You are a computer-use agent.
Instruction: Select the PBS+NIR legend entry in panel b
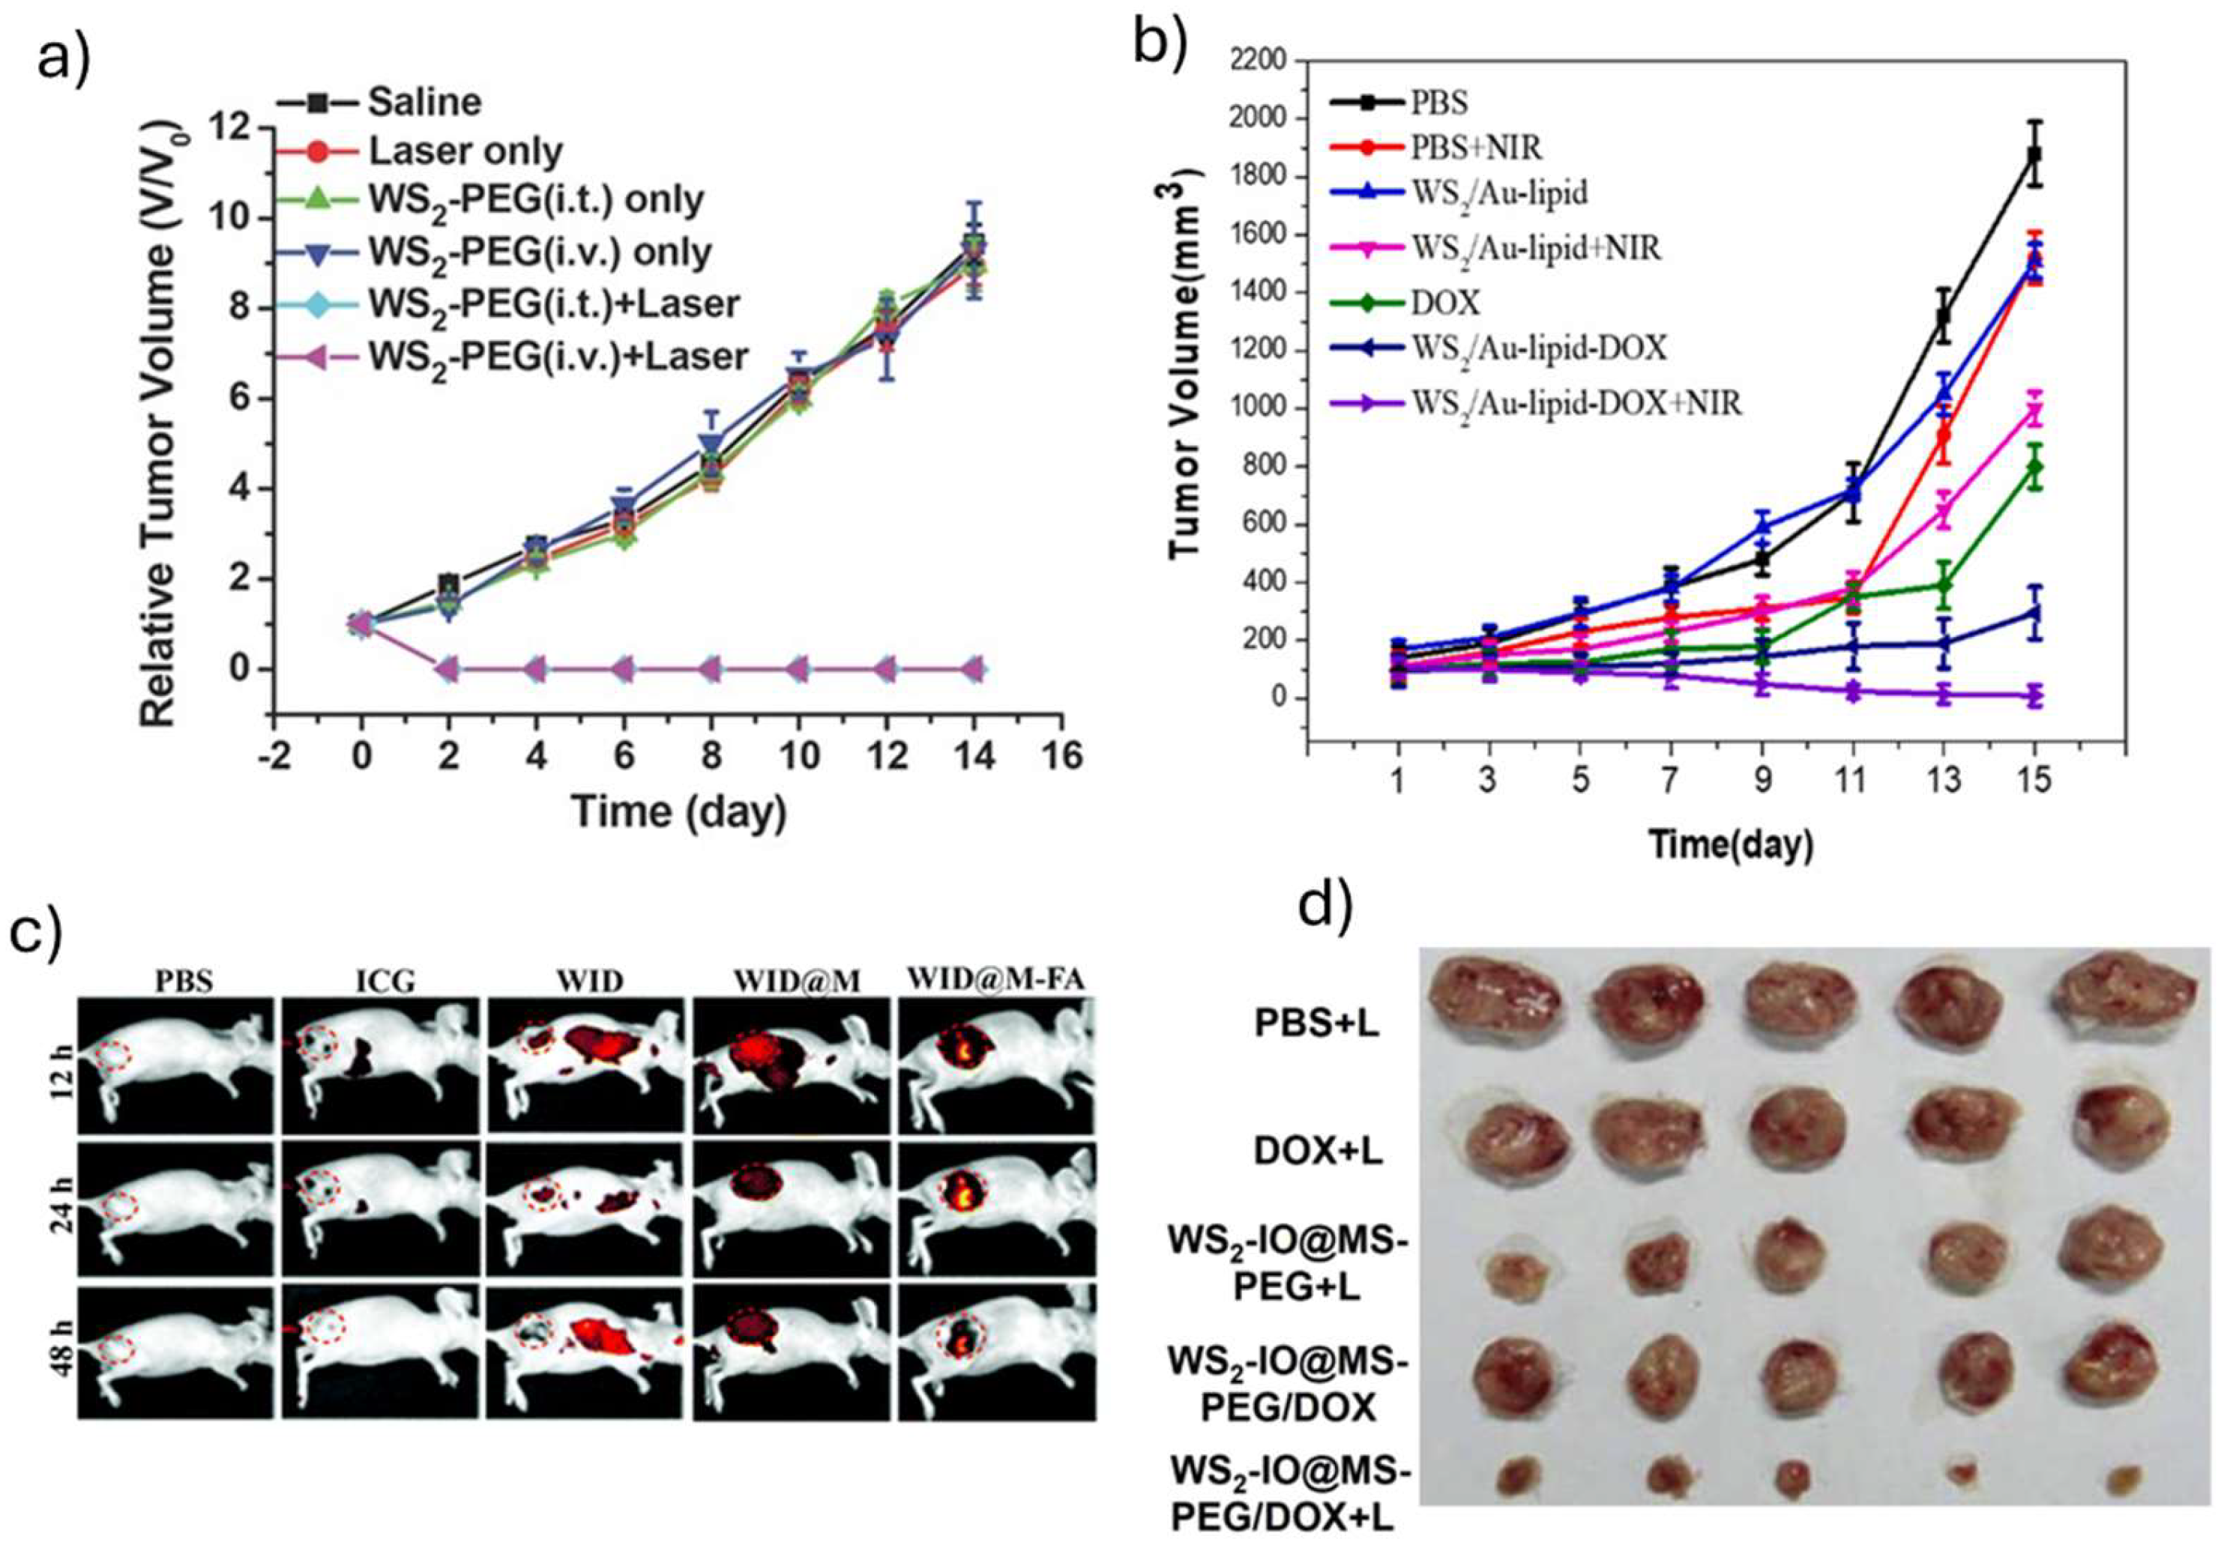click(1475, 148)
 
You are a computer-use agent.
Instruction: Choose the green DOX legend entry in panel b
click(1445, 303)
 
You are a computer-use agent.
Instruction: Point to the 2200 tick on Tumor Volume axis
click(1259, 60)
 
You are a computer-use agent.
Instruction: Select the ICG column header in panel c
click(385, 981)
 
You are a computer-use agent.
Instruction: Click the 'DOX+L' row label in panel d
click(1317, 1152)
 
